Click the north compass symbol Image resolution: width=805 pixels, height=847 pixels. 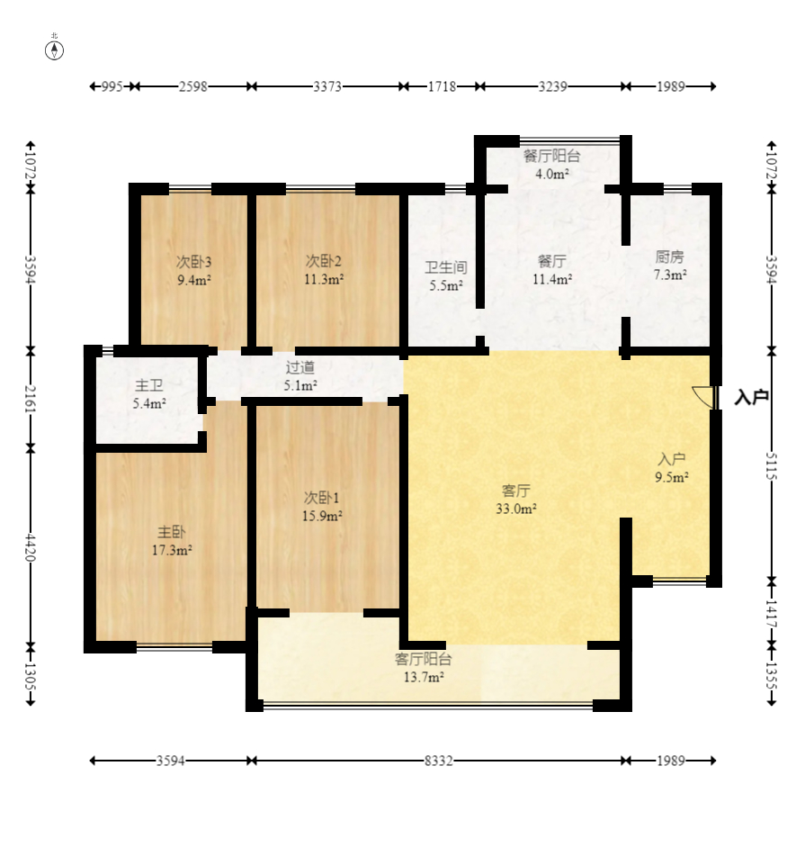[x=54, y=50]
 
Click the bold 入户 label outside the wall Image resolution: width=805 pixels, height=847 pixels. [x=751, y=397]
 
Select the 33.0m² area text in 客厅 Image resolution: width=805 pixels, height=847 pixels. [x=516, y=509]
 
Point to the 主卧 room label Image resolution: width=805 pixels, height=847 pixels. [x=171, y=532]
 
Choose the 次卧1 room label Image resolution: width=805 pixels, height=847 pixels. [x=322, y=498]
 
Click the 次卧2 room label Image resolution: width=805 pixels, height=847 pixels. [x=324, y=261]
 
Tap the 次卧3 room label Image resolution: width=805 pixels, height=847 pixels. [x=193, y=262]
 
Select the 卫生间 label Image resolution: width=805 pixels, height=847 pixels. [x=445, y=267]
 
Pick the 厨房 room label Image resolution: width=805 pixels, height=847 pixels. [x=669, y=257]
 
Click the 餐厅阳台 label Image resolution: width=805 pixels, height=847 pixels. [x=551, y=156]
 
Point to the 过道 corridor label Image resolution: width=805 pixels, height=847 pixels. [x=300, y=368]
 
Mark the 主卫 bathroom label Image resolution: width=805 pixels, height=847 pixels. [x=149, y=385]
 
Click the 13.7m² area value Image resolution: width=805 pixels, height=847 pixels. [x=424, y=677]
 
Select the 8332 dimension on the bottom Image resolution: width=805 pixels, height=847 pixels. [x=438, y=761]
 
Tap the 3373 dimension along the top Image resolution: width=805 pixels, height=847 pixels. [x=327, y=86]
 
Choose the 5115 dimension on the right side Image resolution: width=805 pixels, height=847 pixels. [x=772, y=466]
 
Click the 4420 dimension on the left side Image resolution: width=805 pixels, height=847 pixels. [x=31, y=548]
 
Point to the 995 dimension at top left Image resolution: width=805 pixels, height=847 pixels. [x=112, y=86]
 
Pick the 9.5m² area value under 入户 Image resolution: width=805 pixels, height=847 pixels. [x=672, y=477]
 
